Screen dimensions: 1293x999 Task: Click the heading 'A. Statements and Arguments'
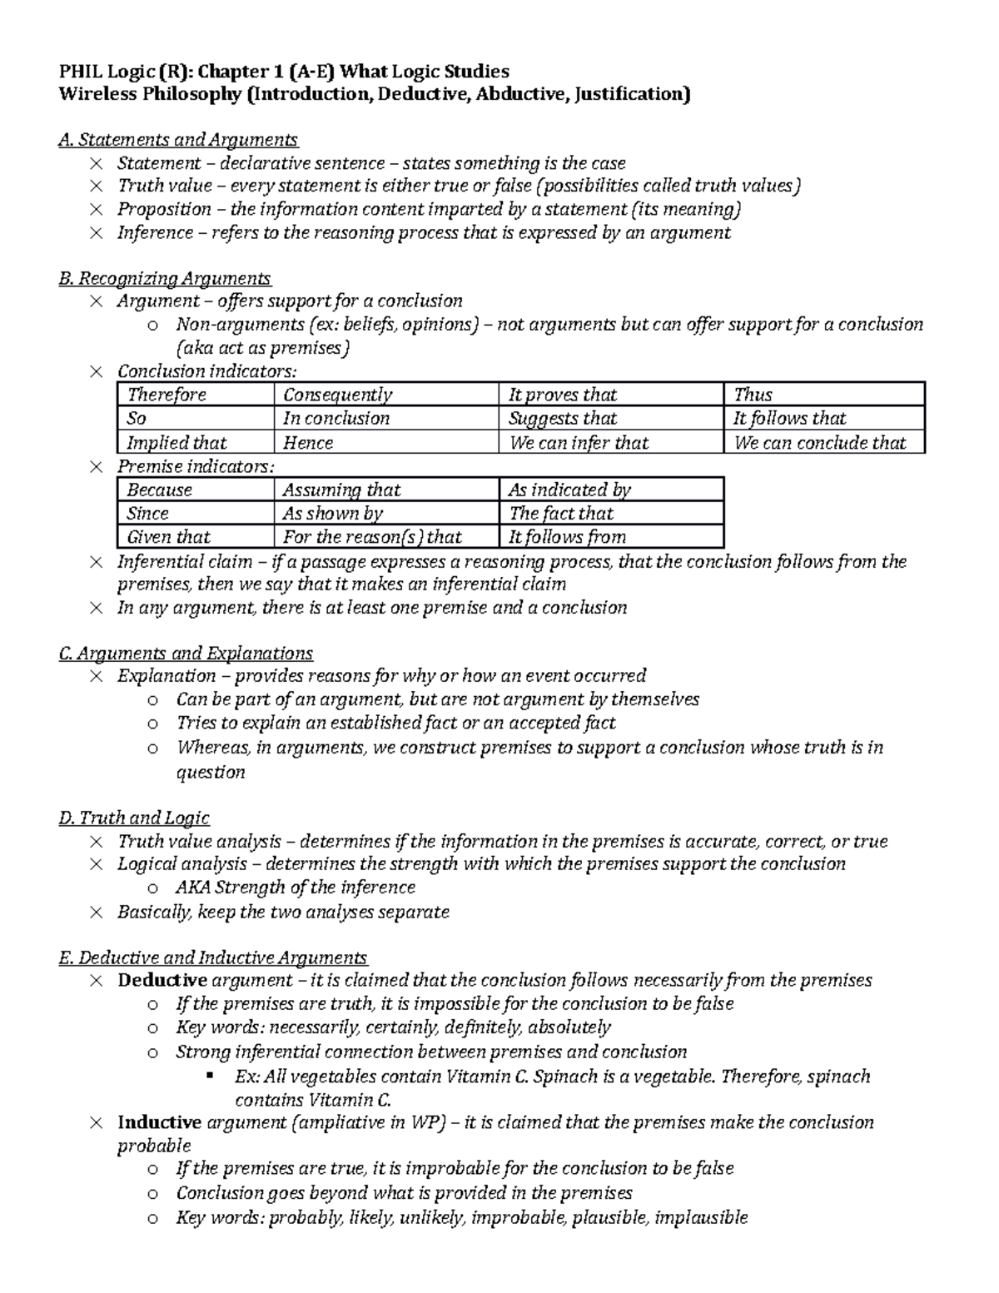pyautogui.click(x=178, y=140)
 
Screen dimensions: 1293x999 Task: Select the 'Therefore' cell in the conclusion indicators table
pyautogui.click(x=166, y=395)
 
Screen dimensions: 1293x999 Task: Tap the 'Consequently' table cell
pyautogui.click(x=337, y=395)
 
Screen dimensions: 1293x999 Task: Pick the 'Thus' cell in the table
pyautogui.click(x=753, y=395)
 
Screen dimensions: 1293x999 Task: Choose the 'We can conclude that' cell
pyautogui.click(x=820, y=443)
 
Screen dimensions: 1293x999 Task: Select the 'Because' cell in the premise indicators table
pyautogui.click(x=160, y=490)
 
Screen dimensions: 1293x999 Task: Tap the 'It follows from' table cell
pyautogui.click(x=567, y=537)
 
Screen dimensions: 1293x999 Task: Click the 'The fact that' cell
pyautogui.click(x=560, y=514)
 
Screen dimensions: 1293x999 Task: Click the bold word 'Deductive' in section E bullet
pyautogui.click(x=162, y=980)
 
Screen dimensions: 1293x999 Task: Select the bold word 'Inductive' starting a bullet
pyautogui.click(x=160, y=1122)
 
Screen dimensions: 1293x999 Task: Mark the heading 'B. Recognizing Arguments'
pyautogui.click(x=165, y=278)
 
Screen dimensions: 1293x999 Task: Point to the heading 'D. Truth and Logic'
pyautogui.click(x=134, y=818)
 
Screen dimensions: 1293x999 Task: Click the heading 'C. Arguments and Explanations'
pyautogui.click(x=186, y=654)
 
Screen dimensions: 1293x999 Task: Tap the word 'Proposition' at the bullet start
pyautogui.click(x=164, y=209)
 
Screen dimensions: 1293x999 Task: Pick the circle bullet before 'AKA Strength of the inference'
pyautogui.click(x=152, y=888)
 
